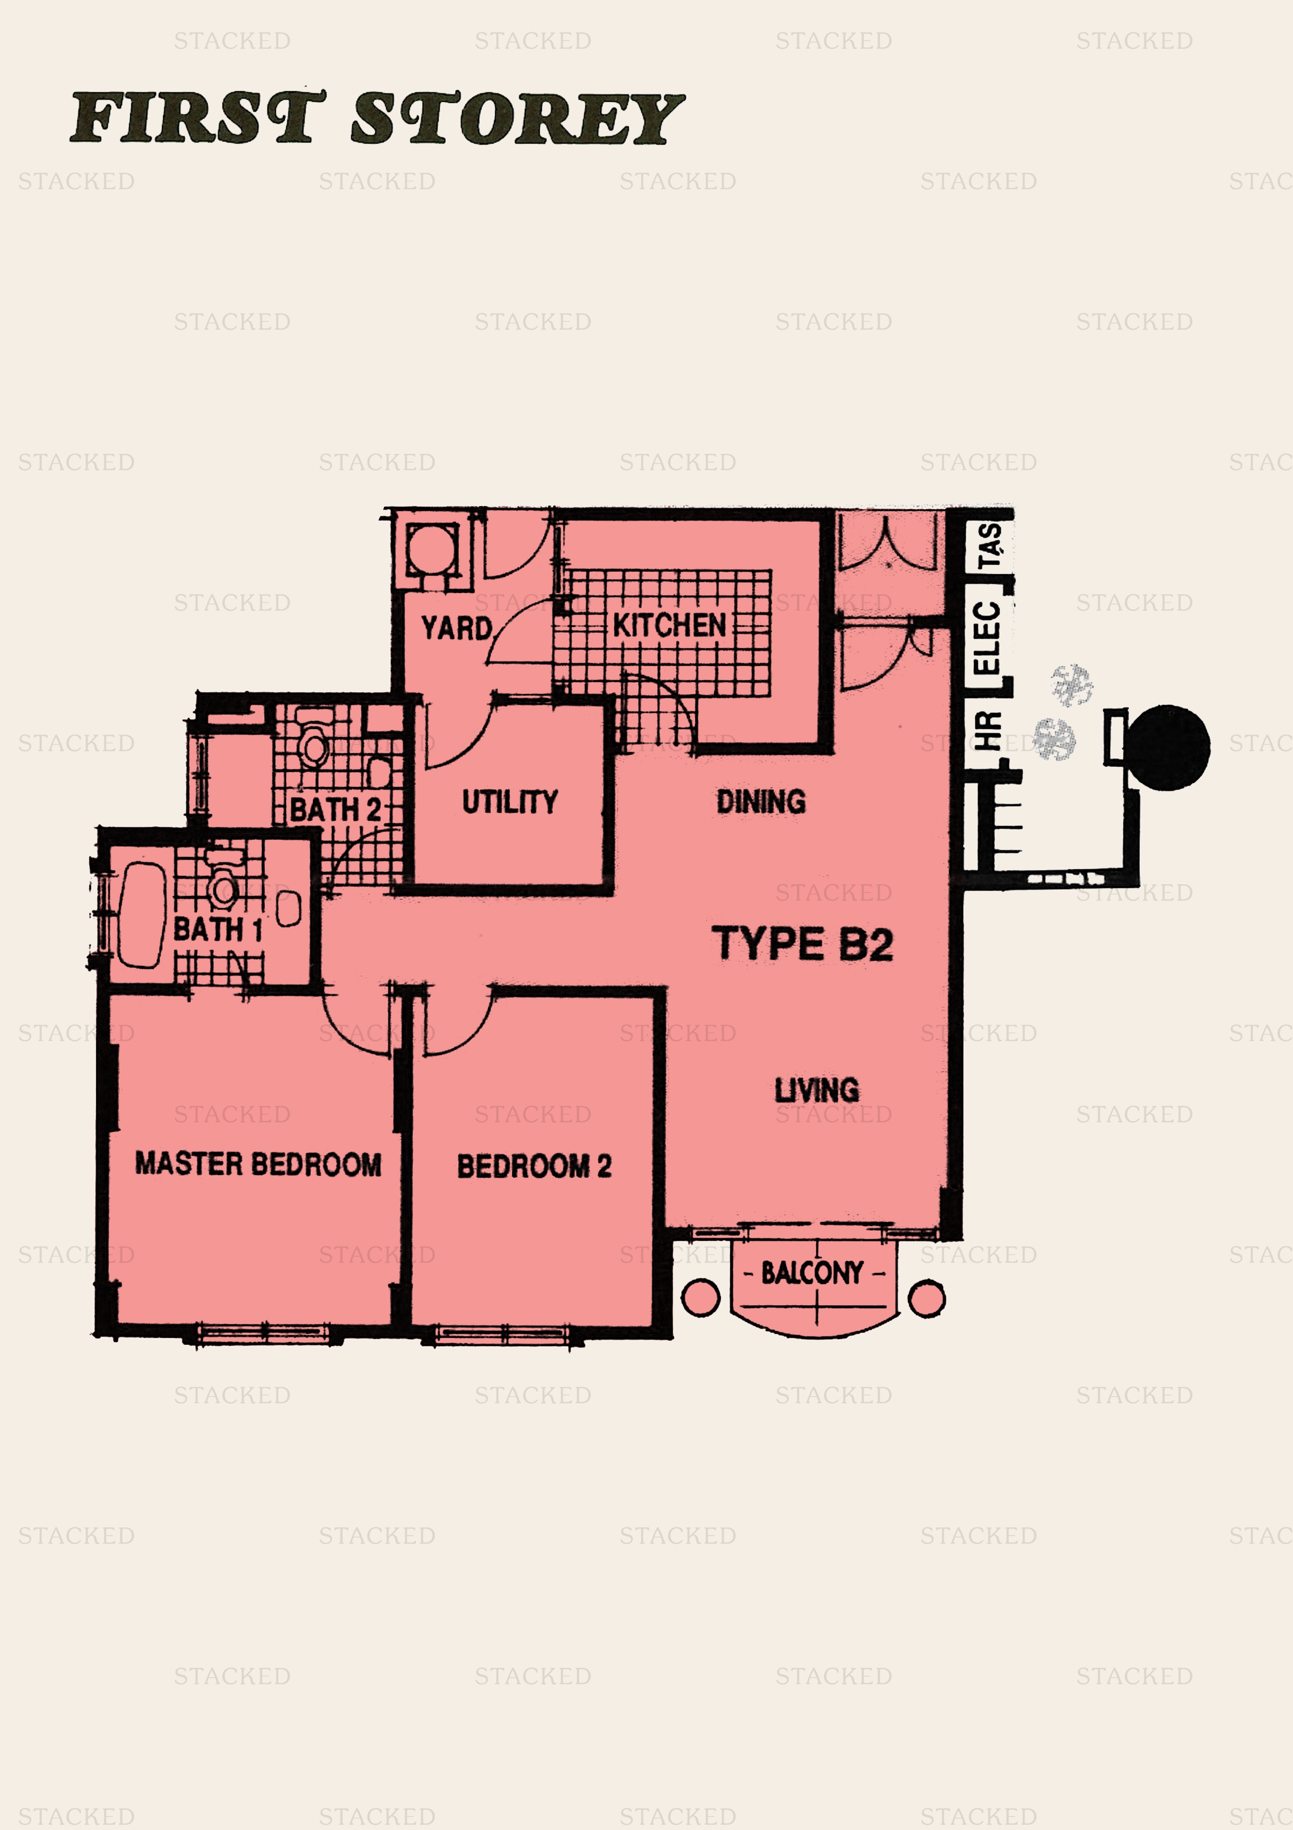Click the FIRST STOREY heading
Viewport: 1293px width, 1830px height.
pos(377,117)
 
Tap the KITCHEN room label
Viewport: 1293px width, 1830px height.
pos(669,625)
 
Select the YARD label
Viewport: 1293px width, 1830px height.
pos(457,628)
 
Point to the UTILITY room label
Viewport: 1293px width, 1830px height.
pos(510,801)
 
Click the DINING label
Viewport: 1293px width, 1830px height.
pos(761,801)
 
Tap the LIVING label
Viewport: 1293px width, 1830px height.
pos(816,1090)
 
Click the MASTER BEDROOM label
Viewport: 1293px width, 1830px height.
pos(258,1164)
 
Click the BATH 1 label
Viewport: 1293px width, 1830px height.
pos(217,930)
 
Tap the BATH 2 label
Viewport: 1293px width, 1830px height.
pos(335,810)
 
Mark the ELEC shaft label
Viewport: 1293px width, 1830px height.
pos(986,637)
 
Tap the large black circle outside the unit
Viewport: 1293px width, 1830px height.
pos(1168,748)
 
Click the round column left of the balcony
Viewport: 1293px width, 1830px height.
pos(701,1297)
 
